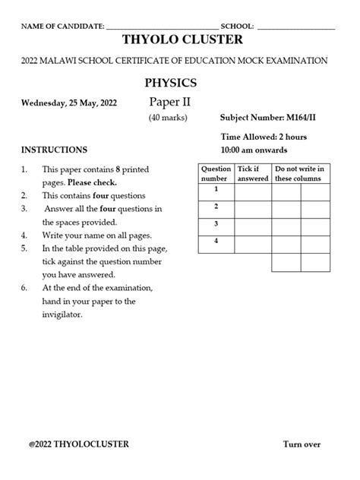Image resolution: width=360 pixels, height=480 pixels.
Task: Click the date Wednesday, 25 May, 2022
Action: tap(70, 103)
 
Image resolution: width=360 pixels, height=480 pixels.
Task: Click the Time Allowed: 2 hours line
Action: tap(264, 137)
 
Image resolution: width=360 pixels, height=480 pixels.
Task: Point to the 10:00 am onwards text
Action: tap(253, 150)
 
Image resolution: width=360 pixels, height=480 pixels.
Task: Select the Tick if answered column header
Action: tap(252, 173)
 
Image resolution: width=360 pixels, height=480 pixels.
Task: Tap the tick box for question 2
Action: tap(252, 209)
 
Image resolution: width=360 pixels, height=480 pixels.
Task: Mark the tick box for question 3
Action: tap(252, 226)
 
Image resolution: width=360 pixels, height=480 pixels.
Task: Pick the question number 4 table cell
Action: tap(215, 244)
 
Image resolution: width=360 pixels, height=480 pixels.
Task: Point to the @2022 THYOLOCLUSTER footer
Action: tap(78, 444)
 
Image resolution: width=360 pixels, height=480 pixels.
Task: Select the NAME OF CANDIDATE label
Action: tap(62, 26)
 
